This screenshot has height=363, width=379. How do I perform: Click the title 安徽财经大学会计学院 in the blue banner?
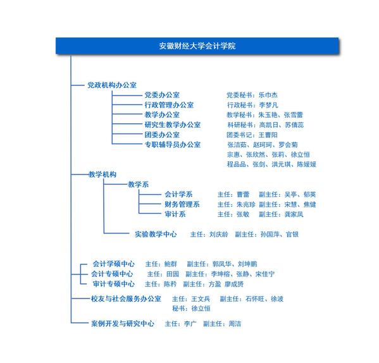(197, 46)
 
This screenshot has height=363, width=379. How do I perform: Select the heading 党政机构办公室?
(112, 85)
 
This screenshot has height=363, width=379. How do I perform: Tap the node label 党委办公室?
(162, 95)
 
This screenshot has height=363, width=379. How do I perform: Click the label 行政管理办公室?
(169, 105)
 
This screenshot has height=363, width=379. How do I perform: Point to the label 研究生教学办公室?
(173, 125)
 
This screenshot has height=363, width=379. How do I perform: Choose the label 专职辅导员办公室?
(173, 144)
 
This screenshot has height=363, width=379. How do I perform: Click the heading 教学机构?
(103, 175)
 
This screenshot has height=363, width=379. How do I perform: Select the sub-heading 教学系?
(139, 185)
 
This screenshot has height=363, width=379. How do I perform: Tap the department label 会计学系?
(178, 194)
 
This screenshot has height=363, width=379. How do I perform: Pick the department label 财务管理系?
(182, 204)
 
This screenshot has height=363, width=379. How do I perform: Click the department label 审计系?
(175, 214)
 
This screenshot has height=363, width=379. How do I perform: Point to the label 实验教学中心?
(156, 234)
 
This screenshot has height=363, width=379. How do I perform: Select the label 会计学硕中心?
(114, 264)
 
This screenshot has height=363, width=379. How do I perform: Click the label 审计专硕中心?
(114, 284)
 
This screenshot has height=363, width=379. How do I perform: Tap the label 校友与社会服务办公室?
(126, 298)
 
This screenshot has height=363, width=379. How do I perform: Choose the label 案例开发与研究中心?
(123, 324)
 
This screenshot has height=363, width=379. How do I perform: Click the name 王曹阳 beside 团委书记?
(268, 135)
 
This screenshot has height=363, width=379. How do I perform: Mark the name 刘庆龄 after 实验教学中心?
(219, 234)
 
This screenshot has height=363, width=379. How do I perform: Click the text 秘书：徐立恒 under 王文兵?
(191, 309)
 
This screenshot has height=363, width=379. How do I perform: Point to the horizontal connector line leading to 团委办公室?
(127, 134)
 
